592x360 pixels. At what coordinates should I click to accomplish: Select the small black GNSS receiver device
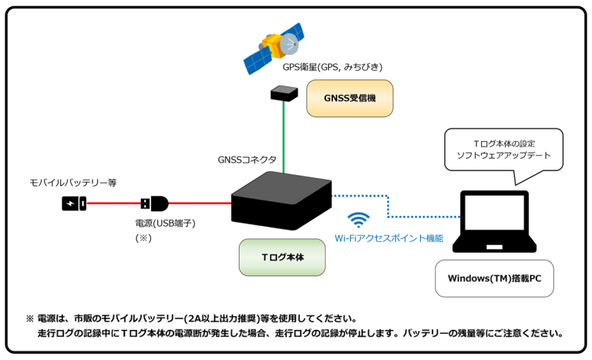(283, 93)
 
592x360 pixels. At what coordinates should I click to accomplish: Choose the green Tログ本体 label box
(282, 257)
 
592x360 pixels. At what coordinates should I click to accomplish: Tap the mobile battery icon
(74, 204)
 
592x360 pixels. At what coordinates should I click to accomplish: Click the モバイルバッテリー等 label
(72, 183)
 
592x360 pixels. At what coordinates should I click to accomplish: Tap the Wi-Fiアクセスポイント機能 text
(388, 239)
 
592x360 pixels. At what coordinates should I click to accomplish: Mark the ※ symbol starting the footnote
(29, 318)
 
